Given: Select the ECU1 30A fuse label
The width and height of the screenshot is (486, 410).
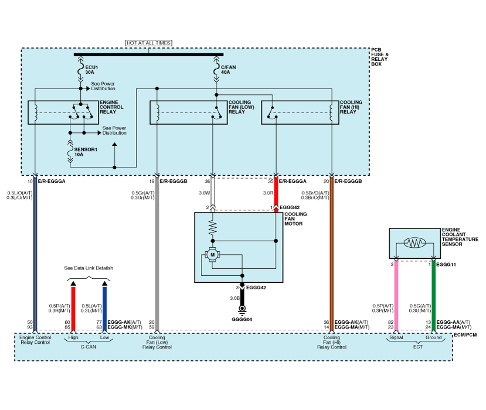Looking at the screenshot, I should tap(91, 69).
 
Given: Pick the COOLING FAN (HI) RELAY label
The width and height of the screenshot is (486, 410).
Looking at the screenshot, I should tap(351, 108).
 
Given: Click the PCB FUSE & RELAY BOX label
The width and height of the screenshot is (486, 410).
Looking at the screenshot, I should tap(380, 57).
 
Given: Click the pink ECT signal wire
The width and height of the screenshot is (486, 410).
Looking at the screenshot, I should tap(396, 293).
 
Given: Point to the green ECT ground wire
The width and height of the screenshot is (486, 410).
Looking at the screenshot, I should tap(434, 293).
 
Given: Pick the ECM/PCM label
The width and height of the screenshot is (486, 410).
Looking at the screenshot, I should tap(466, 334).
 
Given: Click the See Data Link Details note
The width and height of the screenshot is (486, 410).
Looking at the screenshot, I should tap(89, 268).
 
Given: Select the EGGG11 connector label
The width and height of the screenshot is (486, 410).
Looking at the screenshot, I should tap(447, 264).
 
